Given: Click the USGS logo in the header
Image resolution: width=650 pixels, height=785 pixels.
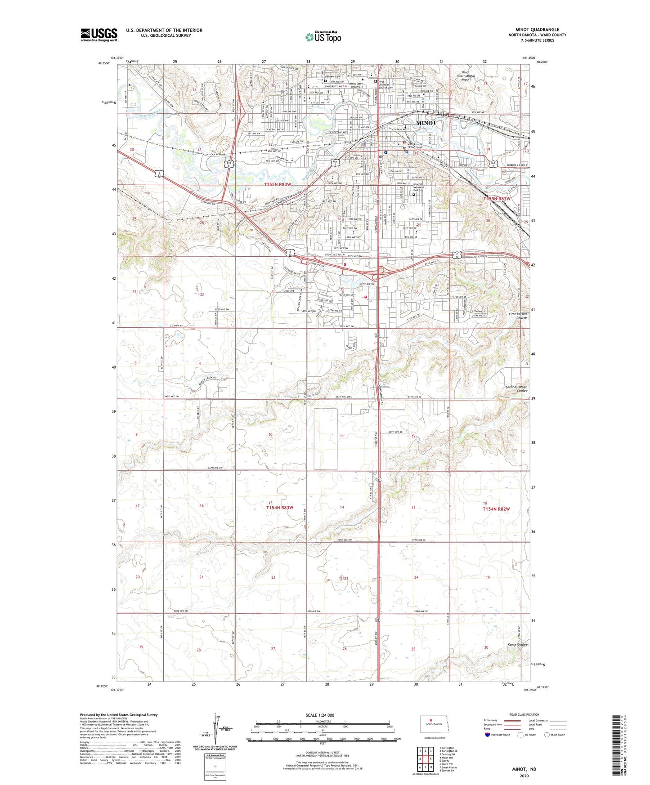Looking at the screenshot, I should click(x=99, y=35).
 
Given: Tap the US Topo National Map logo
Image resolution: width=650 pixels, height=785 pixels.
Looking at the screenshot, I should click(x=323, y=37).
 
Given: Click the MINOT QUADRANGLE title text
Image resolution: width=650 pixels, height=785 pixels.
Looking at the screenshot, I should click(x=537, y=30).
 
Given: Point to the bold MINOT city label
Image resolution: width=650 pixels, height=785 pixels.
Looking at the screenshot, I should click(x=426, y=123).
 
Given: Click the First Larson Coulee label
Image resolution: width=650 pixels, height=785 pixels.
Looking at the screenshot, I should click(x=518, y=315).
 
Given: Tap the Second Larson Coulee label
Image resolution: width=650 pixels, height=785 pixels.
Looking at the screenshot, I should click(x=516, y=388).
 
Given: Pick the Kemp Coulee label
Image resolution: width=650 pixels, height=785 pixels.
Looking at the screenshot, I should click(x=517, y=645).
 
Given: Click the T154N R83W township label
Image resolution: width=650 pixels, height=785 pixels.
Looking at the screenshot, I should click(x=279, y=508).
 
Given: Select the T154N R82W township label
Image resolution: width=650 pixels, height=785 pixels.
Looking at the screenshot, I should click(x=496, y=509).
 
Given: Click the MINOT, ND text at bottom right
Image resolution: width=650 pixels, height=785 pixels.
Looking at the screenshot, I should click(x=524, y=769).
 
